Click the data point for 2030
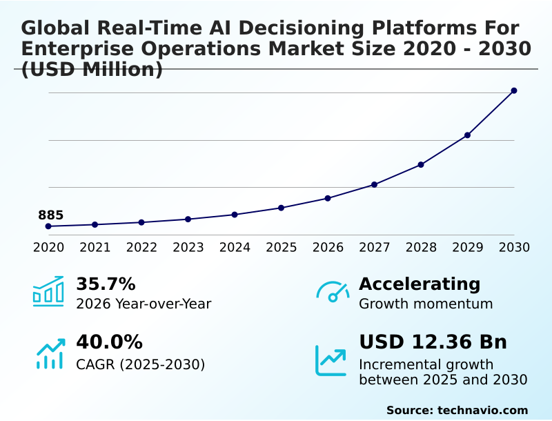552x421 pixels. coord(514,90)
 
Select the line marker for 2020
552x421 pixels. coord(48,226)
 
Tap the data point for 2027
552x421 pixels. coord(374,184)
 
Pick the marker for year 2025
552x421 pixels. coord(281,208)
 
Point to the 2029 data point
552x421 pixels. coord(467,135)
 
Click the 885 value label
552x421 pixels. coord(50,215)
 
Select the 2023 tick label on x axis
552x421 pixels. coord(188,247)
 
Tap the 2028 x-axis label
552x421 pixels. coord(421,247)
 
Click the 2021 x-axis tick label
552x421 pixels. coord(95,247)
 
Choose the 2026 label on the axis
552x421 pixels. coord(328,247)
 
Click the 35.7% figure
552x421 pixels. coord(106,284)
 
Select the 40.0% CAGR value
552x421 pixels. coord(109,342)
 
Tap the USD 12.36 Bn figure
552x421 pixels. coord(433,342)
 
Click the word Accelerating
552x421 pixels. coord(420,284)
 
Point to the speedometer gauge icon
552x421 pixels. coord(333,291)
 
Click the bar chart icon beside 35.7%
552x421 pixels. coord(48,291)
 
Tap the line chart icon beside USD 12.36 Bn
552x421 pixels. coord(331,360)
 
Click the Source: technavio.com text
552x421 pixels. coord(457,410)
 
